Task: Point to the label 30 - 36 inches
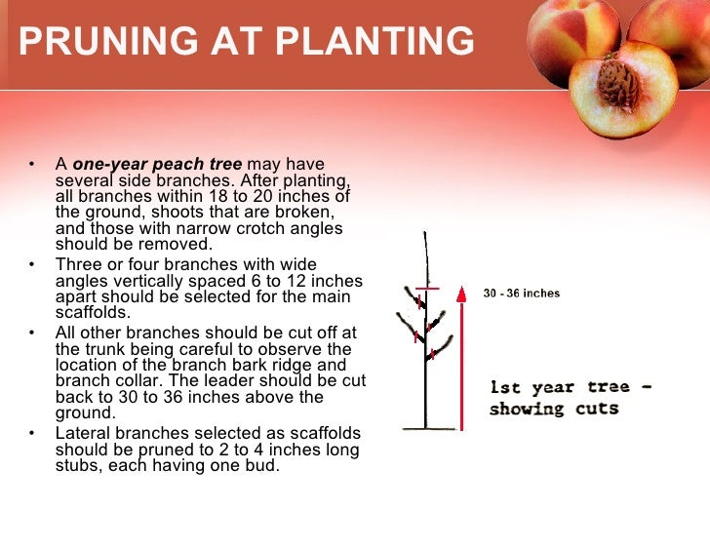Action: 521,294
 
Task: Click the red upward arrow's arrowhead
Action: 460,290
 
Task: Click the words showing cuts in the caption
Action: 553,409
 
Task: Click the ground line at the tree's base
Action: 426,429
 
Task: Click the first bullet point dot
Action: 33,165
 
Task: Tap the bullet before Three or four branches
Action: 33,264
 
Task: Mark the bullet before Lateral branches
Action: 33,433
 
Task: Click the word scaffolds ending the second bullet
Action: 93,312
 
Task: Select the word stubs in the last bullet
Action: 77,465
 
